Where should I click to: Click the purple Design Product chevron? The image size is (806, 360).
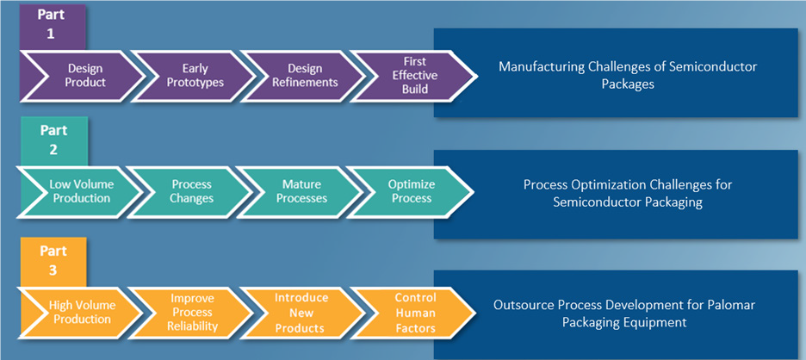point(85,75)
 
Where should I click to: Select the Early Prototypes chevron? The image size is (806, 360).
point(195,75)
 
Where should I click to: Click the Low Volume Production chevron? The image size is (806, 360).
point(79,191)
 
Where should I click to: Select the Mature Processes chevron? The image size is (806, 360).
point(303,191)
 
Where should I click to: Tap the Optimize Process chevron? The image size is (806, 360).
point(412,191)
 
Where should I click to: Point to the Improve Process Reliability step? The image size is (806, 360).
point(193,312)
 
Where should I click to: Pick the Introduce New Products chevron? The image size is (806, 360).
point(301,312)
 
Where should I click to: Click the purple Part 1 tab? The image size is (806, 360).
point(52,23)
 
